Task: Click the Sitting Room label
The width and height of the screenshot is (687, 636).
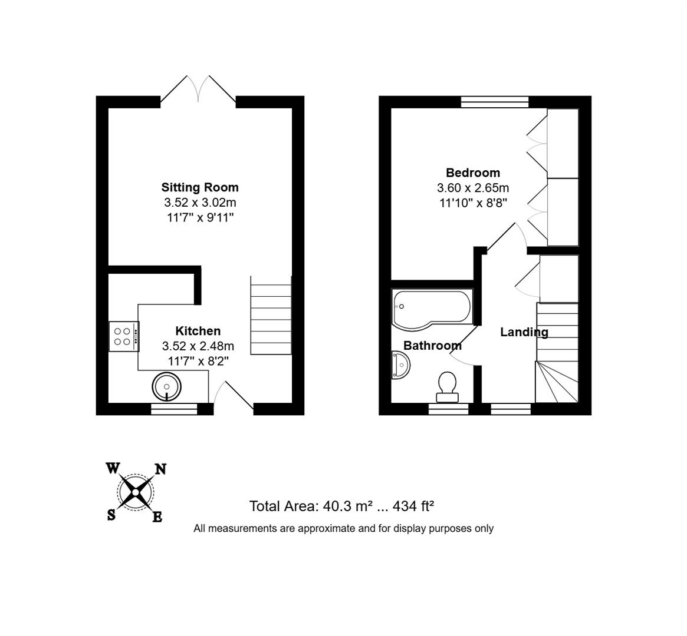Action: (200, 187)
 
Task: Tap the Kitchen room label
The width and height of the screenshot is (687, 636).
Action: (198, 331)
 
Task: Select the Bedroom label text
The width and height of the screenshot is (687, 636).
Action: (472, 173)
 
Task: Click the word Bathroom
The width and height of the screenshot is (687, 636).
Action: (432, 346)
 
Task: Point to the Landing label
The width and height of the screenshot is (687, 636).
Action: (524, 332)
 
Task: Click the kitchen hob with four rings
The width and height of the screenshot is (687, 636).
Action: (123, 336)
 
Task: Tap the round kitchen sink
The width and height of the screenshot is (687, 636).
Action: (167, 387)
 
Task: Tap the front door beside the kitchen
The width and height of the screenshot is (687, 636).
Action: (234, 396)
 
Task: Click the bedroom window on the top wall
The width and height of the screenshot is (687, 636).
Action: (494, 102)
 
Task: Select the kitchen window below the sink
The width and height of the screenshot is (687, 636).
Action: (173, 409)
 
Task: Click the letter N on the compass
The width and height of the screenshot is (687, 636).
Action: (160, 469)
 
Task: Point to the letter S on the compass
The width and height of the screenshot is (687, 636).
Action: (111, 515)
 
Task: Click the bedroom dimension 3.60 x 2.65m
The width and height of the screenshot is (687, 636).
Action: (472, 188)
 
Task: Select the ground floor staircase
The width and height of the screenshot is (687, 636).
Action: (271, 315)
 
